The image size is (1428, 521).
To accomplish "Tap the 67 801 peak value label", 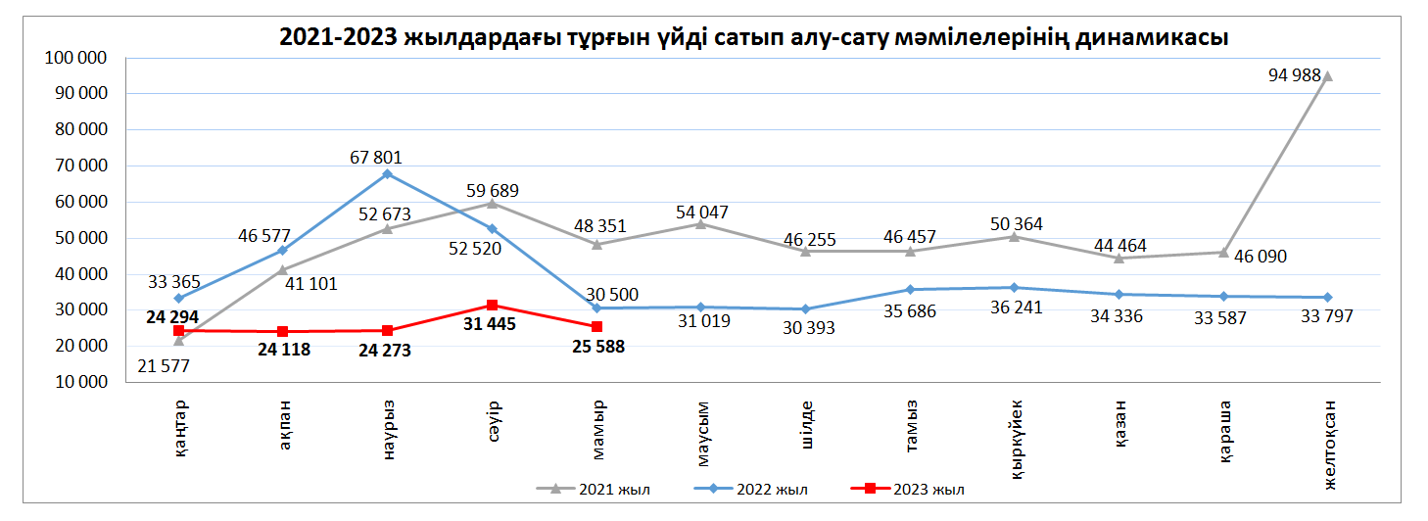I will point(374,157).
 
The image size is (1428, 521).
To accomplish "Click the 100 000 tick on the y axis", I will point(75,59).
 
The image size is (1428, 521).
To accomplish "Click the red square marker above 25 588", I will point(597,326).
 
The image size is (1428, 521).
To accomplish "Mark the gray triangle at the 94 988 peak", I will point(1327,75).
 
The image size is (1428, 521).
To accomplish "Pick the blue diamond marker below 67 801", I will point(388,174).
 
